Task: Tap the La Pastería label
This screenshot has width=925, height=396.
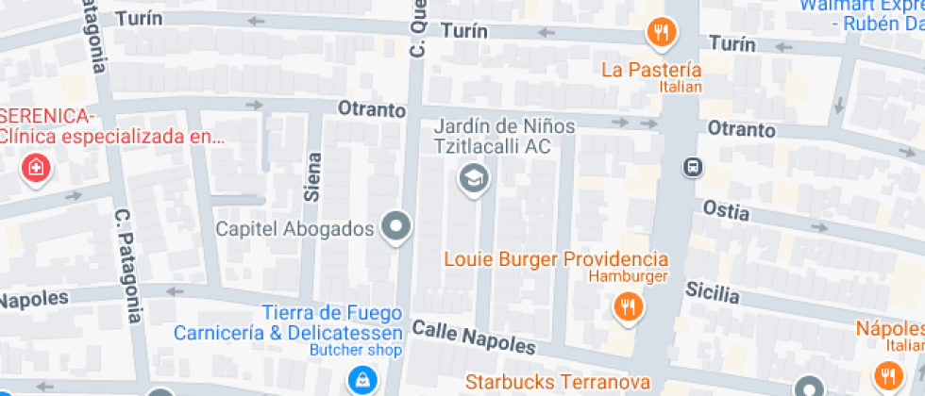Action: [652, 69]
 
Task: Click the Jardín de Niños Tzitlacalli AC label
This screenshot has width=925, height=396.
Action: [491, 136]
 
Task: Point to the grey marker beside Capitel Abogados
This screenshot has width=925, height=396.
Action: [396, 226]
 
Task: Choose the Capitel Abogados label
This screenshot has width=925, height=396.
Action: [295, 228]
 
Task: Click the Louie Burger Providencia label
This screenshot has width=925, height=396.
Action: [555, 258]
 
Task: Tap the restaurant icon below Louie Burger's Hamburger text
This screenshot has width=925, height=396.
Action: [627, 305]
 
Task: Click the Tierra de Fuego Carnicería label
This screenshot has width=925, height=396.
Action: [289, 322]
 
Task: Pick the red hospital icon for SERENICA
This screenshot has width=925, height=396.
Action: [35, 169]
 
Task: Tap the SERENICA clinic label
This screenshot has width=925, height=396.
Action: [111, 126]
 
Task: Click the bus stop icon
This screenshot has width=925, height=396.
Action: [694, 167]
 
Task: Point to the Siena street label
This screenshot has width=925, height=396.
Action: [312, 179]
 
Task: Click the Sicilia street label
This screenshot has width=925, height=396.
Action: [712, 291]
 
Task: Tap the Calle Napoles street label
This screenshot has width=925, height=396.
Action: [473, 337]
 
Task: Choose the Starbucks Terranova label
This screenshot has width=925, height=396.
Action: [558, 382]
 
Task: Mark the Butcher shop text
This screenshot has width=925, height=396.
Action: [357, 351]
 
